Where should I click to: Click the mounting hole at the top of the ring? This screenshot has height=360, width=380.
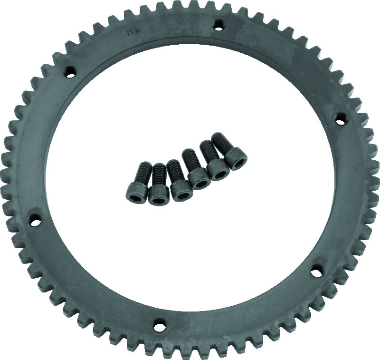(x=218, y=23)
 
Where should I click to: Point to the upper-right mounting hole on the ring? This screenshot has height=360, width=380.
(x=341, y=119)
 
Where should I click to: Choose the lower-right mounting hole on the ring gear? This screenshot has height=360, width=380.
(x=315, y=272)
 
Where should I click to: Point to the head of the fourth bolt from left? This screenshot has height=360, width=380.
(x=199, y=180)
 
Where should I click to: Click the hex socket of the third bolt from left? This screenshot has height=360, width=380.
(x=182, y=193)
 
